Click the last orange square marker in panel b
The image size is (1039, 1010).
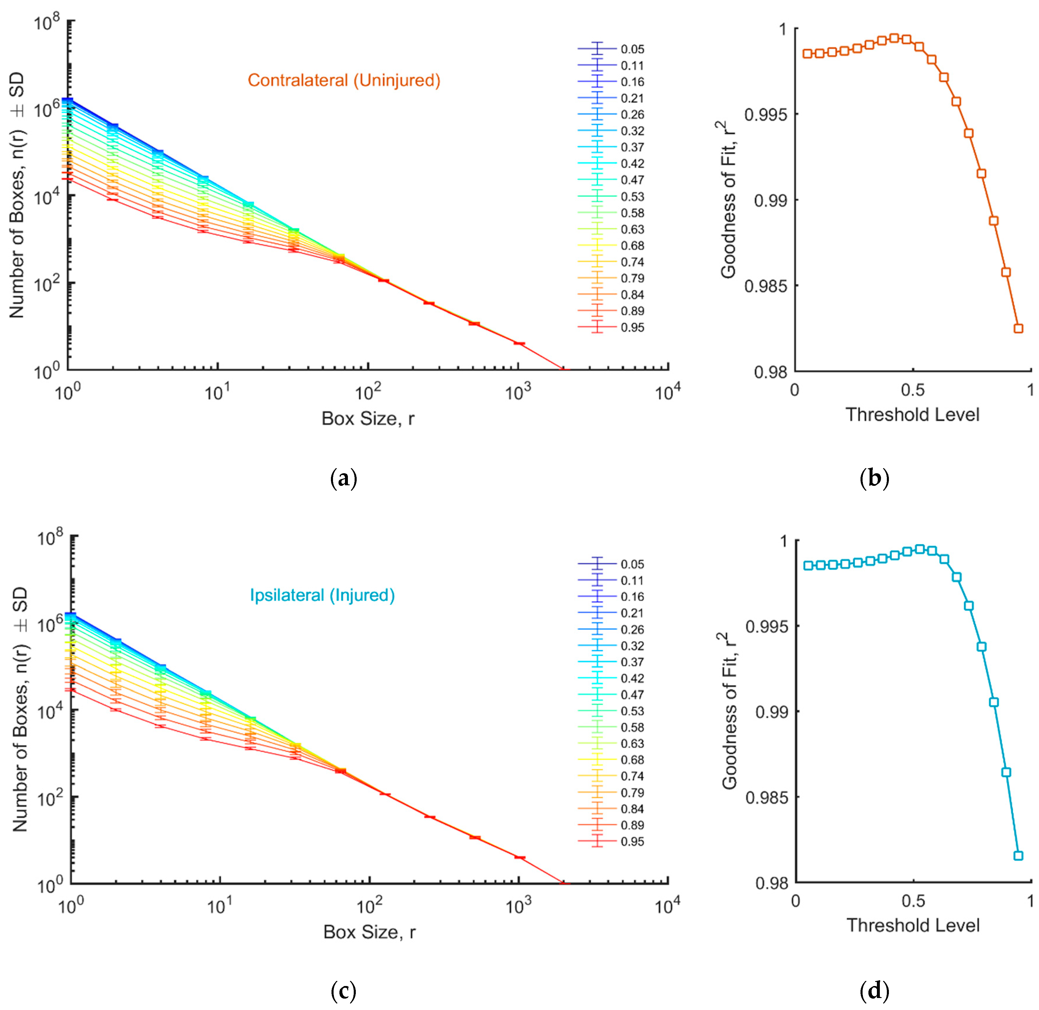[1018, 328]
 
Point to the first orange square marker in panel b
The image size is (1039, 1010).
[807, 54]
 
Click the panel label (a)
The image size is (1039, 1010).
[343, 479]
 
